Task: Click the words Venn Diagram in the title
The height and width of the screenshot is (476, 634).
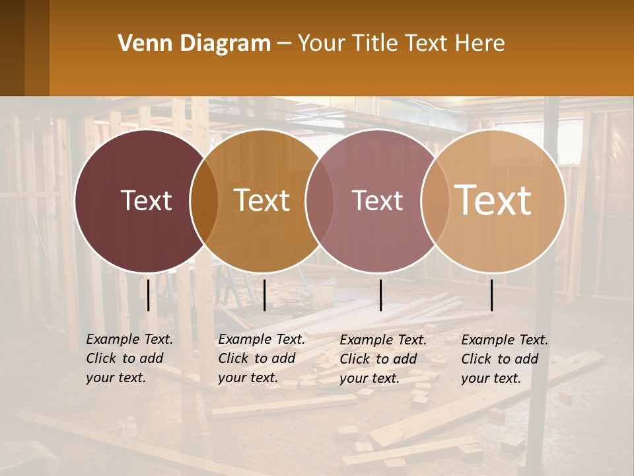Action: [194, 44]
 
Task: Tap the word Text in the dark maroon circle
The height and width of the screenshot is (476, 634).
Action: [146, 200]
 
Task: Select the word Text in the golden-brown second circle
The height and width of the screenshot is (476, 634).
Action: [262, 200]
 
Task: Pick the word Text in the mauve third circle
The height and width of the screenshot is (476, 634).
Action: [377, 200]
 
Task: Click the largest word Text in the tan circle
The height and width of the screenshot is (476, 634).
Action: [493, 200]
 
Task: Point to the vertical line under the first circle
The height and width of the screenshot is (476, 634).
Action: [148, 295]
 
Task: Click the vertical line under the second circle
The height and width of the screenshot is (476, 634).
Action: [264, 295]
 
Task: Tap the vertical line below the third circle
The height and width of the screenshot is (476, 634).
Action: [380, 295]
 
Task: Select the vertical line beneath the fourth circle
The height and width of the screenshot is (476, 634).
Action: [492, 295]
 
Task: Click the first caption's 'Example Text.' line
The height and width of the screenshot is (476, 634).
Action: [129, 339]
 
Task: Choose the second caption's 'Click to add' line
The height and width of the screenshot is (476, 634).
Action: [256, 358]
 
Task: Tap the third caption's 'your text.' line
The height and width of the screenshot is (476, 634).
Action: [369, 378]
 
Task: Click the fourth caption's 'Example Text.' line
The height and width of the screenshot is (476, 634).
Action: [505, 340]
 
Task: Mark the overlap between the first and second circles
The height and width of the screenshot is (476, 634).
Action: [203, 200]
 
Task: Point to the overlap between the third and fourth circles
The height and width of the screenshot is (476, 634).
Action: [435, 200]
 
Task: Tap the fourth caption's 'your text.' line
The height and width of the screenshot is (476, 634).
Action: [491, 378]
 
